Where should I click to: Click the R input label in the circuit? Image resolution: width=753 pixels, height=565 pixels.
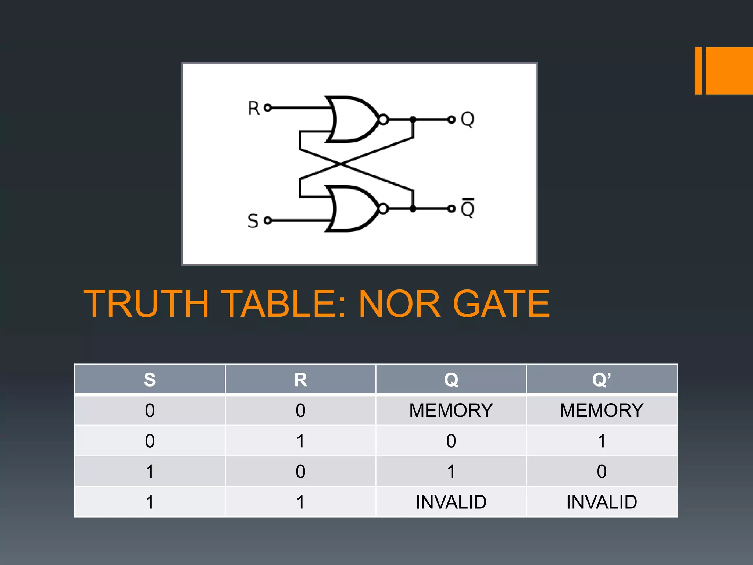coord(254,108)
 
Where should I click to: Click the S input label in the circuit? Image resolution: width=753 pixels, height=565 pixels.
coord(253,221)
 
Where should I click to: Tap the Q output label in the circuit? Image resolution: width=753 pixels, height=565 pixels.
coord(468,119)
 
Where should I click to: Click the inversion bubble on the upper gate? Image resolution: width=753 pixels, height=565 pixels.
coord(383,120)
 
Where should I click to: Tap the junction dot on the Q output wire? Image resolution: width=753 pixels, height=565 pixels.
coord(413,120)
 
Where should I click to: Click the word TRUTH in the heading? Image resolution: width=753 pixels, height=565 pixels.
coord(146,304)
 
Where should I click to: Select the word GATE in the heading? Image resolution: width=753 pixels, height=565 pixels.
coord(501,304)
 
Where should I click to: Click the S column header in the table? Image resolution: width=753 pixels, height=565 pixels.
coord(150,379)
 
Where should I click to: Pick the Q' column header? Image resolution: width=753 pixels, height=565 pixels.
coord(602,379)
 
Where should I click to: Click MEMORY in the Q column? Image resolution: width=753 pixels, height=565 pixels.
coord(451,410)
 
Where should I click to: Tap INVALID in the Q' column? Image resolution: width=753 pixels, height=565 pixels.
coord(602,502)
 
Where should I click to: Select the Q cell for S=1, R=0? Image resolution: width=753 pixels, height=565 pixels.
coord(451,472)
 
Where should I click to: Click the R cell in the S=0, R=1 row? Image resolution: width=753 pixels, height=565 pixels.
coord(300,441)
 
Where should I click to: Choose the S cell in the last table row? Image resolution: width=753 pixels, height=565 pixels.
coord(150,502)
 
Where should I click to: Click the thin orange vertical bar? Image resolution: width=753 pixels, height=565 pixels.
coord(698,71)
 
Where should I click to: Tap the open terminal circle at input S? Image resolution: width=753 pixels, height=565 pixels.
coord(268,220)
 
